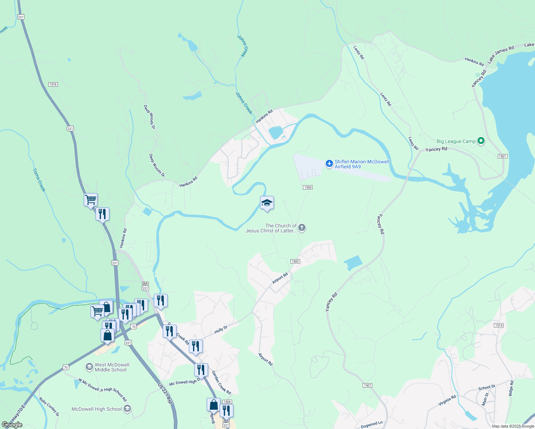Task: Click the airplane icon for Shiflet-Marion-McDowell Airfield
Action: (329, 164)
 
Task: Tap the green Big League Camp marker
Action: (481, 141)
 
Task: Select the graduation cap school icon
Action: (267, 203)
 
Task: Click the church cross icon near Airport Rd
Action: (302, 227)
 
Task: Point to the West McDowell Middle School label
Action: (112, 367)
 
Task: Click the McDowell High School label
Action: (97, 409)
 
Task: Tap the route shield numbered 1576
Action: (53, 84)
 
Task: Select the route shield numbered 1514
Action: (499, 325)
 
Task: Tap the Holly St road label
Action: (221, 330)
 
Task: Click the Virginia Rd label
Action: (447, 400)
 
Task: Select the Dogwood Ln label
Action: (372, 425)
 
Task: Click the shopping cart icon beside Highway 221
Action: (91, 199)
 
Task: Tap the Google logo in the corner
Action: (12, 425)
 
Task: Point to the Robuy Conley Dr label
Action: (49, 407)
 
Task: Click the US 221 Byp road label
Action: (165, 394)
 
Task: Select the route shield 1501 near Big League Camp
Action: (502, 156)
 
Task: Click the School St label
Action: (487, 388)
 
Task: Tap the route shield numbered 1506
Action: (227, 402)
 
